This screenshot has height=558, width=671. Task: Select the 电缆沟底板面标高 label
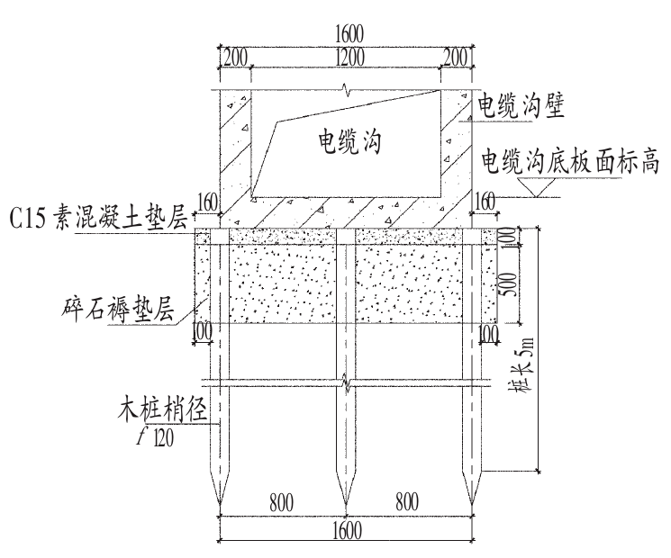tap(572, 161)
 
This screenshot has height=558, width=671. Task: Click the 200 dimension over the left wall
tap(234, 56)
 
